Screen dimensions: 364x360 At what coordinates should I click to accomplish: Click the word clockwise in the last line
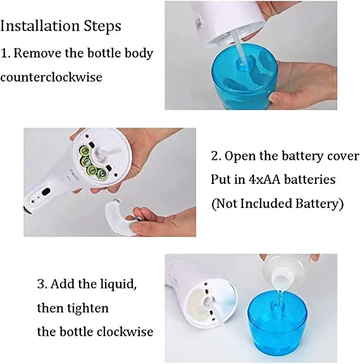(x=121, y=332)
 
